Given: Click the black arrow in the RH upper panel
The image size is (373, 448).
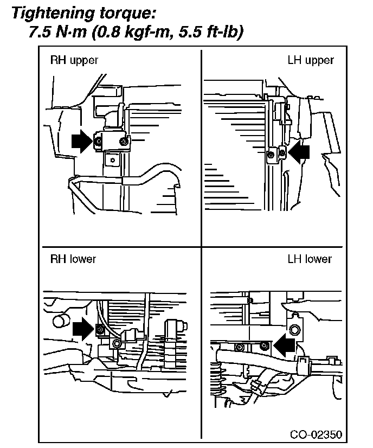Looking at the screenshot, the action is pos(82,141).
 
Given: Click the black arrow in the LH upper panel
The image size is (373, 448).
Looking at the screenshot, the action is pos(299,152).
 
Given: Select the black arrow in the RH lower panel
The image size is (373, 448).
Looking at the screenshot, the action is pos(83,328).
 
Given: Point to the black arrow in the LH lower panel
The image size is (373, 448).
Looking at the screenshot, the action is pos(284,344).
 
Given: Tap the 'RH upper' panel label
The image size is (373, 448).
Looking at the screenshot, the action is pos(74,61).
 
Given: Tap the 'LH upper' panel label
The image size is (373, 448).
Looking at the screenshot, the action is pos(311,61).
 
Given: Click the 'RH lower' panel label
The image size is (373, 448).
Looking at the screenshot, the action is pos(73,259).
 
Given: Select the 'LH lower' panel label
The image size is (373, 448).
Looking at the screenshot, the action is pos(310,259).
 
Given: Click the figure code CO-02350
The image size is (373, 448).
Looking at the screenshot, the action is pos(316,434).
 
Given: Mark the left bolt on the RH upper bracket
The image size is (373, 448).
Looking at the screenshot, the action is pos(98,141).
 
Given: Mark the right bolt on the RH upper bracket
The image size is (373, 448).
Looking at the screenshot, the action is pos(124,141).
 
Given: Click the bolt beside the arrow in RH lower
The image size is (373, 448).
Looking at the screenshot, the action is pos(100,330).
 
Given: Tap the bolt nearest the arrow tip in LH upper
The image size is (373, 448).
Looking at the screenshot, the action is pos(282,153).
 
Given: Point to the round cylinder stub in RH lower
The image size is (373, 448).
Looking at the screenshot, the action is pos(61,321).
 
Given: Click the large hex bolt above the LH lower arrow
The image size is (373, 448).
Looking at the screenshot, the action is pos(294,330).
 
